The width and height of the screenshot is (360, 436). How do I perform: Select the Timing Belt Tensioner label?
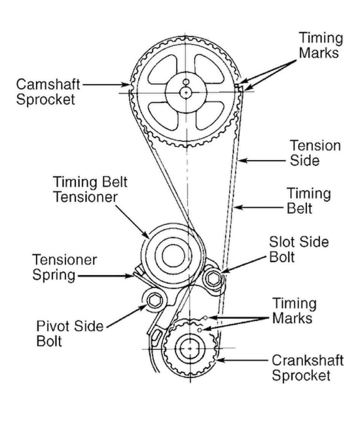90,189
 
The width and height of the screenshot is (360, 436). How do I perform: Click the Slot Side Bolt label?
299,249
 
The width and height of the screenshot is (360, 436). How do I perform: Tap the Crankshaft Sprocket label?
307,368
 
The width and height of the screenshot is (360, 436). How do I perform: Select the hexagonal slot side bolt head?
212,278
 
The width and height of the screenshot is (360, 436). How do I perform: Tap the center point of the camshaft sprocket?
186,92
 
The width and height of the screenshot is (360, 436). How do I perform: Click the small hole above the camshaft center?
186,81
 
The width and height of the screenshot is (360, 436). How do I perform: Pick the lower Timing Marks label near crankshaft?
294,310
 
